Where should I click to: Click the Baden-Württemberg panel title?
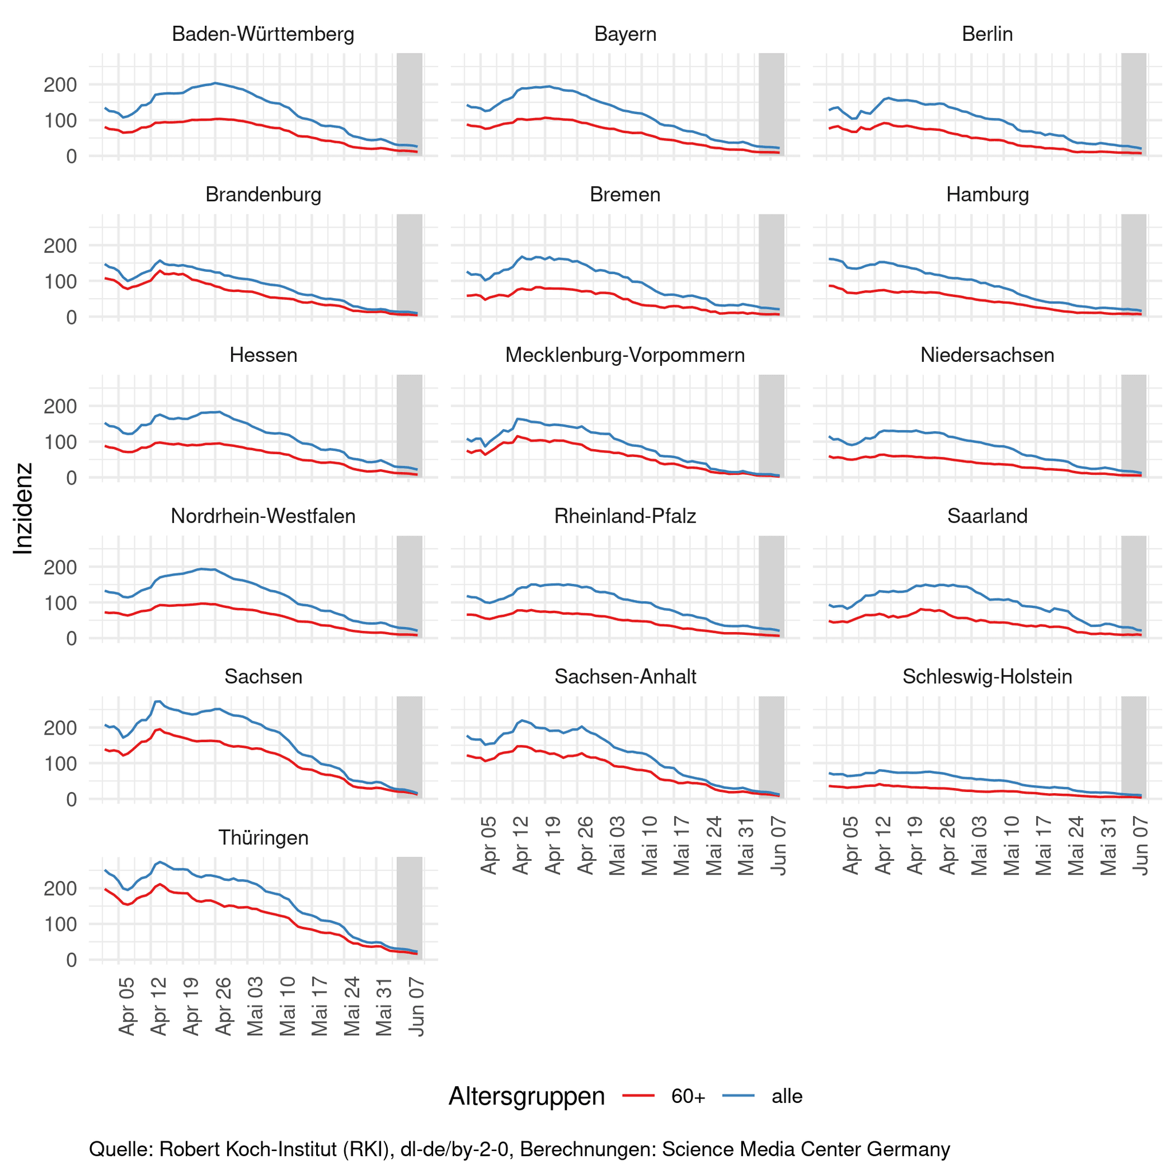tap(263, 34)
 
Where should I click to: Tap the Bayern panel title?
tap(625, 34)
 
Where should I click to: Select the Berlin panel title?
tap(987, 34)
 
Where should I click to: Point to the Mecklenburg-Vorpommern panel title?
tap(625, 355)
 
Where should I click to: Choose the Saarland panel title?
tap(987, 516)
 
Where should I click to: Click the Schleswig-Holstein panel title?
tap(987, 677)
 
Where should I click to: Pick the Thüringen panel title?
tap(263, 838)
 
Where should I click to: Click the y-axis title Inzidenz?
tap(23, 509)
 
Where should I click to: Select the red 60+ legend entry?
tap(664, 1096)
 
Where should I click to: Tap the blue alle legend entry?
tap(764, 1096)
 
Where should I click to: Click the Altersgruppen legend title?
tap(526, 1096)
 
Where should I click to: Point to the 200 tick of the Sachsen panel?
tap(60, 728)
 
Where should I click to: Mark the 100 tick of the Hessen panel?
tap(60, 442)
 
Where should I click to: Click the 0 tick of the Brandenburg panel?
tap(71, 317)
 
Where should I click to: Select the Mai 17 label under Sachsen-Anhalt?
tap(682, 846)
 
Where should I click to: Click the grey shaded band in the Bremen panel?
tap(771, 265)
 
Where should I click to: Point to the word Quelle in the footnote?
tap(120, 1150)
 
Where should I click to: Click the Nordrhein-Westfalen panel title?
tap(263, 516)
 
